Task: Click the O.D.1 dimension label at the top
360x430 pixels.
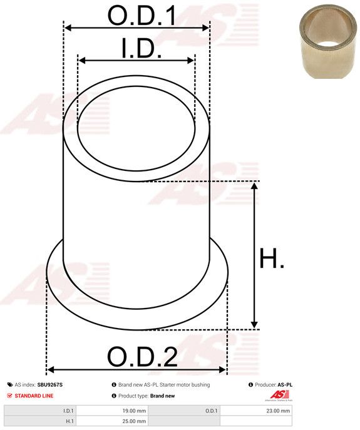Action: tap(142, 16)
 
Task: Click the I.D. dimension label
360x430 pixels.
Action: tap(141, 48)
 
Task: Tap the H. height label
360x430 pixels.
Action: tap(272, 258)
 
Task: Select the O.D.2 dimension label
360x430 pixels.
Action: tap(142, 357)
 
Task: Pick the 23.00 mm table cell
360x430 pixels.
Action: tap(278, 411)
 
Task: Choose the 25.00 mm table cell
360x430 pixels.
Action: tap(134, 421)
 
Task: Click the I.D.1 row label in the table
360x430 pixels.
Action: tap(68, 411)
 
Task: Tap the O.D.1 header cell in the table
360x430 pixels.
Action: tap(212, 411)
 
